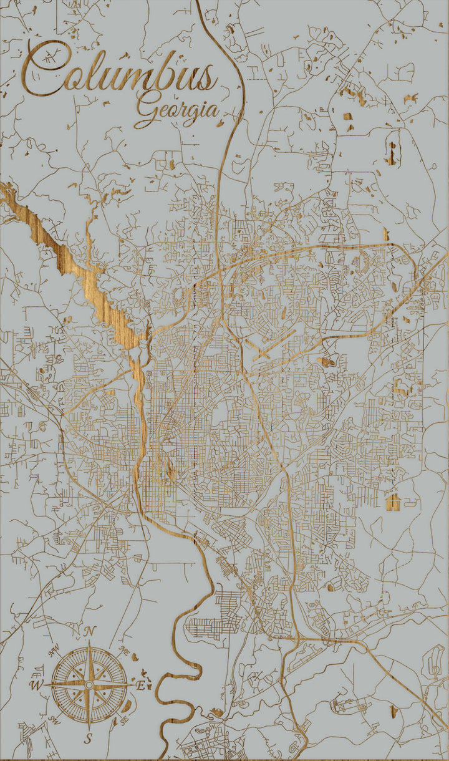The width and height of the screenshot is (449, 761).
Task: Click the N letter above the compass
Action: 89,632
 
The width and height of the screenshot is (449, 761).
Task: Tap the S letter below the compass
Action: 89,739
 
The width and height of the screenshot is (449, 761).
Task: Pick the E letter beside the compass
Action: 141,686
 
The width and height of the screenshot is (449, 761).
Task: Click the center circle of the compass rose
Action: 89,685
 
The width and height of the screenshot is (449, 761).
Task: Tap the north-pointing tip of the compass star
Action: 89,642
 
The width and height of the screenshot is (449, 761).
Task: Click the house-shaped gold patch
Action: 393,500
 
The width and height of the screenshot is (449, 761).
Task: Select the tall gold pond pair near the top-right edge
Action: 392,153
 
